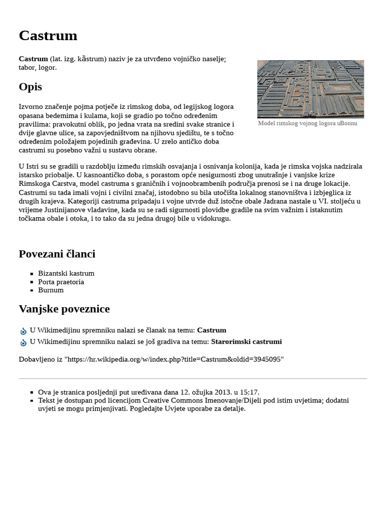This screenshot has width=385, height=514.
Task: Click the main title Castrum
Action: [x=48, y=36]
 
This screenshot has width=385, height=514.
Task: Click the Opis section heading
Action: [x=30, y=87]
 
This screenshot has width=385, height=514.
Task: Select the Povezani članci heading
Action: [x=57, y=254]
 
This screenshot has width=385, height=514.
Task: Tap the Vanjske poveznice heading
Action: [x=64, y=309]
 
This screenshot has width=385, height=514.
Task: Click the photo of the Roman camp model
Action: [x=310, y=89]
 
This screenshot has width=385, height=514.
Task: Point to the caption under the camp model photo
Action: [x=307, y=123]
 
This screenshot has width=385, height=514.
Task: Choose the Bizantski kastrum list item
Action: [x=66, y=274]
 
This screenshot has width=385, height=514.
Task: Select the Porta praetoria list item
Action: [x=61, y=282]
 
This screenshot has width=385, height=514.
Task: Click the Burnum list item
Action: [x=51, y=290]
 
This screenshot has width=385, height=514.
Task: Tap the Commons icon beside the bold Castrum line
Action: [x=23, y=331]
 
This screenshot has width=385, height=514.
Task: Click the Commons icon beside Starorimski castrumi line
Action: [x=23, y=343]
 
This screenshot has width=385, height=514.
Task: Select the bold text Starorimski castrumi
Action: [x=246, y=342]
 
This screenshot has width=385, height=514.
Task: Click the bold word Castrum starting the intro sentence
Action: [x=33, y=59]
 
